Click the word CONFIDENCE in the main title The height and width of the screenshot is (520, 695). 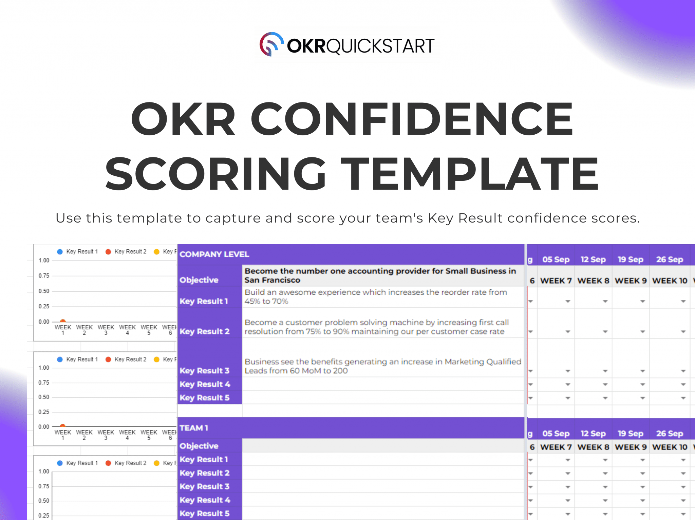coord(411,119)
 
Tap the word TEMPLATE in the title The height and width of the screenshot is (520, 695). coord(470,174)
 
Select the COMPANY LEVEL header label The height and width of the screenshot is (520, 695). coord(214,254)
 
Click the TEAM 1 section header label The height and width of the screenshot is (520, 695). coord(194,428)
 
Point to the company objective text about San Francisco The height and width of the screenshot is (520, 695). coord(380,275)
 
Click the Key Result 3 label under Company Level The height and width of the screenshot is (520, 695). coord(204,370)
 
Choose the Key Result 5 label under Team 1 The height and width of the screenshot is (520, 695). coord(204,513)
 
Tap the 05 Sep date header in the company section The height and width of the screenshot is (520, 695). coord(556,259)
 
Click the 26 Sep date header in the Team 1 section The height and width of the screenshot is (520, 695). coord(669,433)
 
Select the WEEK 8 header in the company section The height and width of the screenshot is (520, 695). coord(593,281)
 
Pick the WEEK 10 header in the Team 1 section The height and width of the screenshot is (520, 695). coord(670,447)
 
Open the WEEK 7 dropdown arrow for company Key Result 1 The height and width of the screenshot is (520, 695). coord(567,301)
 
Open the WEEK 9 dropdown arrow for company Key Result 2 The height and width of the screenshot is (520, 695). coord(642,331)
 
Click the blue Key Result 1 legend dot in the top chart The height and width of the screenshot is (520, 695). coord(60,252)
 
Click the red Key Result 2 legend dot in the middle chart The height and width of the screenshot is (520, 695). coord(108,359)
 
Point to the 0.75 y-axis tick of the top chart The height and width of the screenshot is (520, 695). coord(44,276)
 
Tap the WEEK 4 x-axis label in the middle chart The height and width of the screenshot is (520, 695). coord(127,435)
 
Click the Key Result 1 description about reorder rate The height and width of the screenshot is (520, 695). coord(376,297)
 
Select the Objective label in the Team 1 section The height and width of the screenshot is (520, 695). coord(199,446)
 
